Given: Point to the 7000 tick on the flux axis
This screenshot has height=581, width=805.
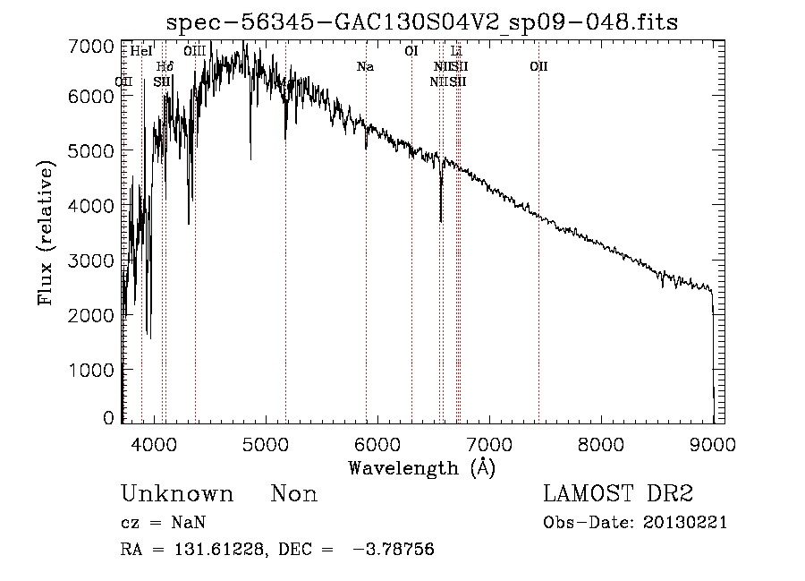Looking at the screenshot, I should tap(94, 46).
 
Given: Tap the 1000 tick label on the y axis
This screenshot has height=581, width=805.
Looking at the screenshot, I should tap(94, 370).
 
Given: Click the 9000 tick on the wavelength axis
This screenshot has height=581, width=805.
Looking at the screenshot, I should tap(712, 442).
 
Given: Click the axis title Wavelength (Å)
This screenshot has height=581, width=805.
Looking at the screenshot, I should tap(421, 467).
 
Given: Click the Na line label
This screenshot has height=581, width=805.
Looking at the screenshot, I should tap(365, 66).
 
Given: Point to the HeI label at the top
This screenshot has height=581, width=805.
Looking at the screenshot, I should tap(141, 52).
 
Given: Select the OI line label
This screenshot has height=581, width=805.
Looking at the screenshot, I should tap(411, 52).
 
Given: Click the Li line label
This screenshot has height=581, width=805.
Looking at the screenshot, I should tap(456, 52).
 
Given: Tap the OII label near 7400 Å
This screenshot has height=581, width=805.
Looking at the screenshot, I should tap(538, 66).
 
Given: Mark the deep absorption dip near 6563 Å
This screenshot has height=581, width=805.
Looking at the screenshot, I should tap(441, 215).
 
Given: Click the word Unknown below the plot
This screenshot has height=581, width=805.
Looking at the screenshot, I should tap(177, 494).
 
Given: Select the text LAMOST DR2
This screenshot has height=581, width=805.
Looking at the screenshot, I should tap(617, 494).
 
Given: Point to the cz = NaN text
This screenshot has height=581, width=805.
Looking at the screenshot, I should tap(164, 523).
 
